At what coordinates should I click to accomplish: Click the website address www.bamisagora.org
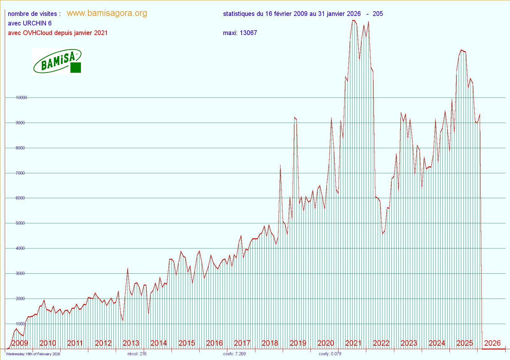[107, 13]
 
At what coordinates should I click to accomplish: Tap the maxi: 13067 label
[240, 33]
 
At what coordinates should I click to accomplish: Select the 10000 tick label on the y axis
[21, 98]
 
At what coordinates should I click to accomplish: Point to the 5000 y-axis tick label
[20, 223]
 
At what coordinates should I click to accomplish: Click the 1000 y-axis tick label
[20, 324]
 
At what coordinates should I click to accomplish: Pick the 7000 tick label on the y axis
[20, 173]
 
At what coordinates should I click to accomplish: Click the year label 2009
[20, 343]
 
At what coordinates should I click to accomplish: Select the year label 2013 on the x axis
[131, 343]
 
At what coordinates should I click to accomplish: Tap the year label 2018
[270, 343]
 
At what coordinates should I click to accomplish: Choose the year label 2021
[353, 343]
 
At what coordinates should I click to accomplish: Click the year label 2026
[492, 343]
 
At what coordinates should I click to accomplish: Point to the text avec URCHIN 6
[30, 23]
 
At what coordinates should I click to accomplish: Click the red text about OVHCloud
[58, 33]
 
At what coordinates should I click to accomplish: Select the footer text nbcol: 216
[137, 354]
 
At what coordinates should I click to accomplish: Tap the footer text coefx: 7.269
[234, 354]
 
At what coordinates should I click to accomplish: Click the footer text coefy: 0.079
[330, 354]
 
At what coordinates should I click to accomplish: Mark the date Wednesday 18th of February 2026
[33, 354]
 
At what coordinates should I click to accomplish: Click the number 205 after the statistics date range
[378, 14]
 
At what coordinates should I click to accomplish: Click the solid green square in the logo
[76, 68]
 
